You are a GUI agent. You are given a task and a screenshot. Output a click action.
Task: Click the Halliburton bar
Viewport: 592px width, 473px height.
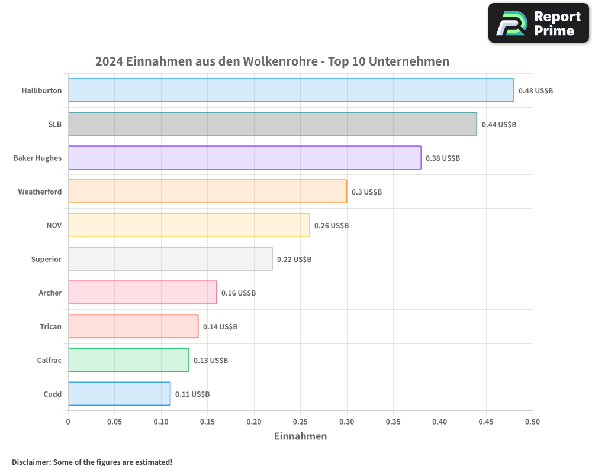pos(291,90)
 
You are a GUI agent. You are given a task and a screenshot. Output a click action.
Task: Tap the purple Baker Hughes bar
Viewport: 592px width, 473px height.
pos(244,158)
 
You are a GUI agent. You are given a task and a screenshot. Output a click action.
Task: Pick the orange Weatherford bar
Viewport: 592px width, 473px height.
pos(207,192)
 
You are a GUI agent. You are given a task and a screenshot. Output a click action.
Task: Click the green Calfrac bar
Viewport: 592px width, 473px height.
pos(128,360)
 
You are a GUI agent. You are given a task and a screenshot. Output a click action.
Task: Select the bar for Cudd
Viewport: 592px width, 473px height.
pos(119,394)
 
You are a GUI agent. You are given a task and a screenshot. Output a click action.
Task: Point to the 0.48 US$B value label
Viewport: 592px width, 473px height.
pos(535,91)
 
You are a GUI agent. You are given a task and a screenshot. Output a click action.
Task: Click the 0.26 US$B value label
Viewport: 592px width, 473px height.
pos(331,226)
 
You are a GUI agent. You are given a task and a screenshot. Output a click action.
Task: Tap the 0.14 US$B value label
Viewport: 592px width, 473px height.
pos(220,327)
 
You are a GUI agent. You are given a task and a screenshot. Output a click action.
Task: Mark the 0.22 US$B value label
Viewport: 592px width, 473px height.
pos(294,260)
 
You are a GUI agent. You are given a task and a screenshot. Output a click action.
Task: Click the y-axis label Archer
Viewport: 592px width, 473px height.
pos(50,293)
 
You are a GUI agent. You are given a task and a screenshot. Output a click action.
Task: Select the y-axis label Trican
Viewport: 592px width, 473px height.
pos(50,327)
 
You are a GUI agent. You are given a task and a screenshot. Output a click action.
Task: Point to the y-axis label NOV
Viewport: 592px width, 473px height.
pos(54,226)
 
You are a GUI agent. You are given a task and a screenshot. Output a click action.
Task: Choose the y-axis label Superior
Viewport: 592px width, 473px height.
pos(46,260)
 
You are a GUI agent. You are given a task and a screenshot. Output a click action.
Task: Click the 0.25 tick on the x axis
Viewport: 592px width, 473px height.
pos(301,422)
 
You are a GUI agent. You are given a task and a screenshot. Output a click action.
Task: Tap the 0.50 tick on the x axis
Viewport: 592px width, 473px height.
pos(533,422)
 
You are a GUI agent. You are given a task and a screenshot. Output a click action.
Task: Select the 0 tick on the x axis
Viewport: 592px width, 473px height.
pos(68,422)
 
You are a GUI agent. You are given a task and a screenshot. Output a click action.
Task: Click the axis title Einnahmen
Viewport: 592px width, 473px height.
pos(300,436)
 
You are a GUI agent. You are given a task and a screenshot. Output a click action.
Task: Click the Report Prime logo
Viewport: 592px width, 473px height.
pos(539,23)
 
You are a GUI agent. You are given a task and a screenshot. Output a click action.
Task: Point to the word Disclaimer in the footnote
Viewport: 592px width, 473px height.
pos(31,462)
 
